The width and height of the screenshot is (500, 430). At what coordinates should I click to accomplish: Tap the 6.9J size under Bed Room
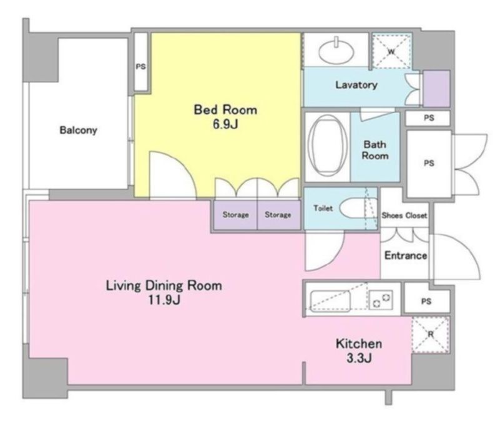pos(225,124)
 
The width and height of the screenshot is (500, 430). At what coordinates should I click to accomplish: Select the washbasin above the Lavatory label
pos(336,47)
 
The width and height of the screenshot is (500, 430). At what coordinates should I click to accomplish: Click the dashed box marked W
pos(391,51)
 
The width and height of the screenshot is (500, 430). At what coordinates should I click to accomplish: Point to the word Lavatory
pos(356,85)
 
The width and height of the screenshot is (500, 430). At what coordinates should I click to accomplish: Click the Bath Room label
pos(375,150)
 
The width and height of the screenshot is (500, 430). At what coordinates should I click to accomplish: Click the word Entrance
pos(405,256)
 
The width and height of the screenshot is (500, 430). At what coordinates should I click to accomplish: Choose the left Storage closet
pos(236,215)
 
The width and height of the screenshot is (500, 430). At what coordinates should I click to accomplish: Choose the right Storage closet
pos(278,215)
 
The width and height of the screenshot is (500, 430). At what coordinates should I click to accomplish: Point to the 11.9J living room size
pos(163,301)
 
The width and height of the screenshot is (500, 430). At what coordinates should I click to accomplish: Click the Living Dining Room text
pos(164,286)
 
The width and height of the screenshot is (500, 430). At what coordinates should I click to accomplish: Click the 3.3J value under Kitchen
pos(358,359)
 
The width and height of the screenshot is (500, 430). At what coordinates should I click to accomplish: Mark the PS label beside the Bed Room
pos(141,67)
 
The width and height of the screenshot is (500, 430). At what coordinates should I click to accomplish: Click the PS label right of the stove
pos(426,301)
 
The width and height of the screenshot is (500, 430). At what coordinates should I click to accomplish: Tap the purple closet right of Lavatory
pos(436,88)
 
